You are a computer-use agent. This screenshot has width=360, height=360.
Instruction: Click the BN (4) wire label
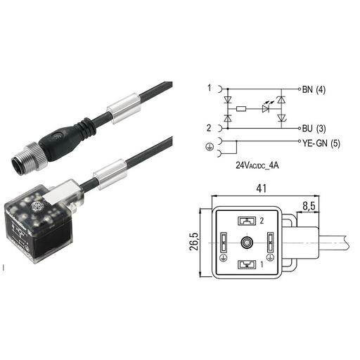pos(314,89)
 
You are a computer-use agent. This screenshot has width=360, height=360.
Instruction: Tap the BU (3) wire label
pos(314,129)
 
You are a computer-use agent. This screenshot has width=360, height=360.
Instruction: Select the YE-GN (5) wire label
pos(321,143)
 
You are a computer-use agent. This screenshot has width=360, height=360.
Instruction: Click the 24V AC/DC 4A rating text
pos(257,165)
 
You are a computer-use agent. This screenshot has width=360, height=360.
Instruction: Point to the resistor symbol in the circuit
pos(241,109)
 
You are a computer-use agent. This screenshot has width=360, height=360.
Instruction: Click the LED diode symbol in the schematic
pos(266,108)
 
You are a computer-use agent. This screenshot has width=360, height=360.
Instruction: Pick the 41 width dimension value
pos(261,188)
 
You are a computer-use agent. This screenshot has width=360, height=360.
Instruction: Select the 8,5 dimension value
pos(309,206)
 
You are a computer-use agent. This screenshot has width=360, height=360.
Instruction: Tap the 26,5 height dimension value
pos(195,242)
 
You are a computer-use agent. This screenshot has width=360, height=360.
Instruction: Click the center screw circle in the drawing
pos(247,243)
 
